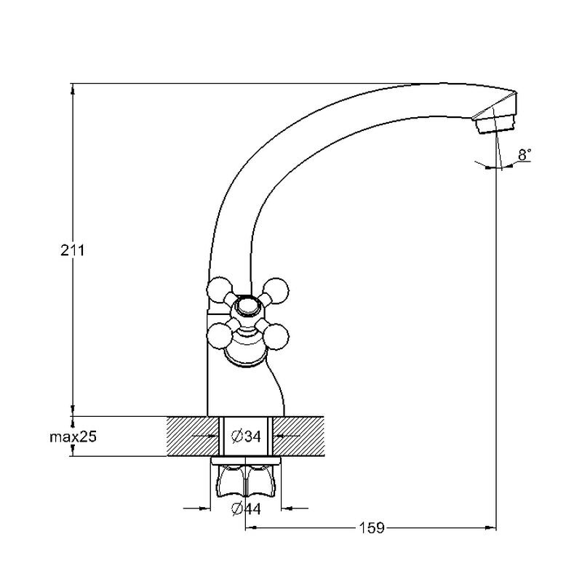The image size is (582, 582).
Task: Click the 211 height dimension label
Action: tap(73, 251)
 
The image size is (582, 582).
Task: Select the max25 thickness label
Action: tap(73, 437)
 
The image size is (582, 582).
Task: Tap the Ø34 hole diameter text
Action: tap(246, 436)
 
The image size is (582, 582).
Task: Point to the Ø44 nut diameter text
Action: tap(246, 509)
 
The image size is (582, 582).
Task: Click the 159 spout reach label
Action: tap(372, 528)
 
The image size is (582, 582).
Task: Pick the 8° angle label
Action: tap(525, 155)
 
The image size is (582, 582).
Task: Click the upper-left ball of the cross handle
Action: tap(220, 290)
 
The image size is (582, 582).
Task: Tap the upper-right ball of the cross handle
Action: tap(276, 290)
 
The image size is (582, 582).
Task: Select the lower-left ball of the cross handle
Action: tap(219, 336)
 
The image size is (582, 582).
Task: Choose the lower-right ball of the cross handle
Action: tap(276, 338)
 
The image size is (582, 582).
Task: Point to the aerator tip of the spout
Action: tap(496, 123)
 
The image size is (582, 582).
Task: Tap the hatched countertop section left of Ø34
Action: tap(192, 436)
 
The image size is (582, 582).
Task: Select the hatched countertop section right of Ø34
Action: tap(298, 436)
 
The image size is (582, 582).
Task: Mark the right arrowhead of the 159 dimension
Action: tap(490, 527)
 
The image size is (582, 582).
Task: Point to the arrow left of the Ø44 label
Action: tap(196, 508)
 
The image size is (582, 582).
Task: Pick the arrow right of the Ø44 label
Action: tap(295, 508)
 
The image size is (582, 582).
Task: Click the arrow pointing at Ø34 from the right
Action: tap(287, 436)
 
